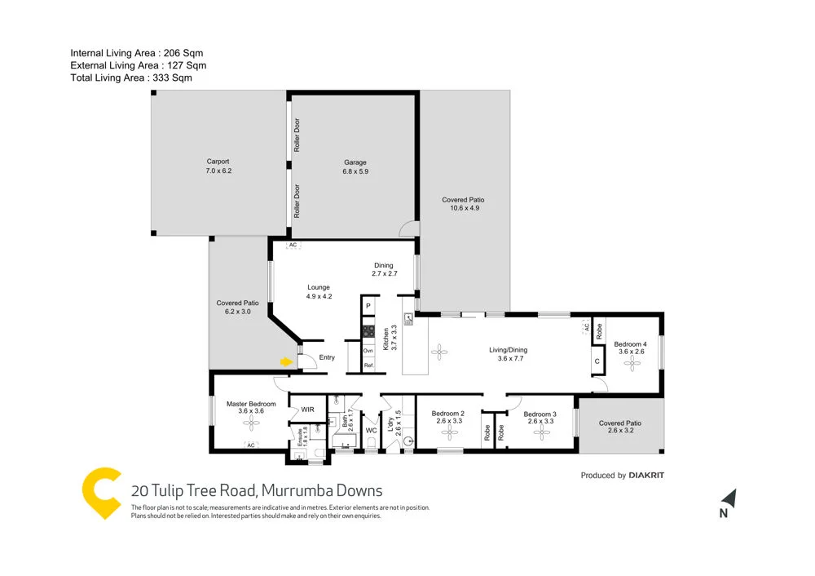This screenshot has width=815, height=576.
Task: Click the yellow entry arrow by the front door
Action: click(x=286, y=361)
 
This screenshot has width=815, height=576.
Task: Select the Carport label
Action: click(x=217, y=162)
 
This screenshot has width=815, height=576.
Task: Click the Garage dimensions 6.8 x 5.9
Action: click(x=355, y=172)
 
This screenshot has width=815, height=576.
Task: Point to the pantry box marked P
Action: click(x=368, y=306)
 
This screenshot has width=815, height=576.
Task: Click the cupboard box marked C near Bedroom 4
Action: click(x=597, y=361)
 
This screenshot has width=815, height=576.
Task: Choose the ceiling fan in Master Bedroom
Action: click(x=245, y=423)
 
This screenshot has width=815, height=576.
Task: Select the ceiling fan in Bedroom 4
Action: click(x=631, y=365)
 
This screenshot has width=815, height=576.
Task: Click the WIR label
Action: click(x=308, y=410)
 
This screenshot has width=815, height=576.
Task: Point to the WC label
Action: click(x=370, y=430)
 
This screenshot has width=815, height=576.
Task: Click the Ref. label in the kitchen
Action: click(x=368, y=366)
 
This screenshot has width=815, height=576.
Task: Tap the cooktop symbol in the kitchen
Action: click(x=368, y=332)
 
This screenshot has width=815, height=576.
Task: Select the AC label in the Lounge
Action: click(x=291, y=245)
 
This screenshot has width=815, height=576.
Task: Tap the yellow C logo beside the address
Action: click(x=102, y=492)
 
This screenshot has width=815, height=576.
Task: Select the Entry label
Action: click(x=327, y=357)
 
